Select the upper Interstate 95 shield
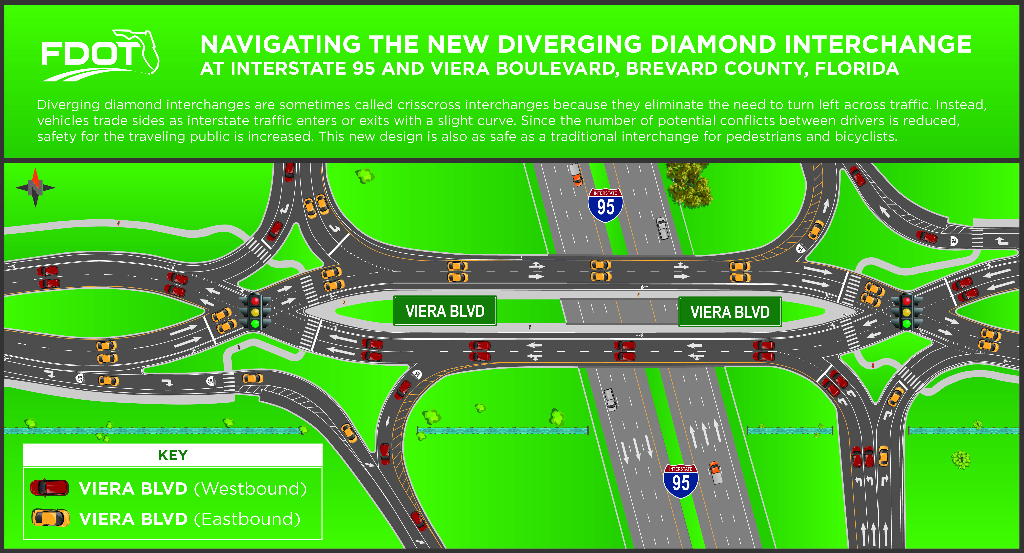605,205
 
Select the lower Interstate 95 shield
680,481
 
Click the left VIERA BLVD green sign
445,311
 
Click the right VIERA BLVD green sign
730,312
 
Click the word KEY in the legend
172,455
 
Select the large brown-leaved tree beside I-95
689,186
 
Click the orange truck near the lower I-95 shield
715,472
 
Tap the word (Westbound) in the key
250,488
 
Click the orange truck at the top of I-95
576,174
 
